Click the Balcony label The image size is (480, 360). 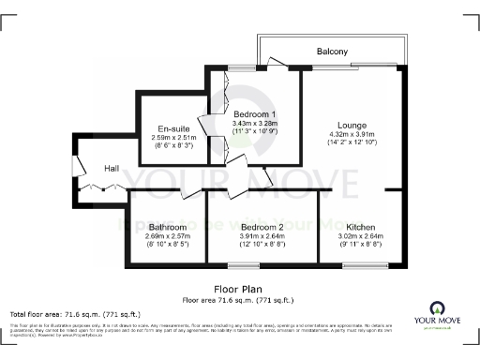click(332, 51)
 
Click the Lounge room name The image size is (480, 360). click(353, 125)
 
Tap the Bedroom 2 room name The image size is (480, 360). click(262, 227)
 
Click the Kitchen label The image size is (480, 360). click(361, 227)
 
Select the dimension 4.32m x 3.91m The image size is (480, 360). click(353, 134)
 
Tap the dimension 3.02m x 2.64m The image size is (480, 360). click(361, 236)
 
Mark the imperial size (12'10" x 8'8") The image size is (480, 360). click(262, 245)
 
